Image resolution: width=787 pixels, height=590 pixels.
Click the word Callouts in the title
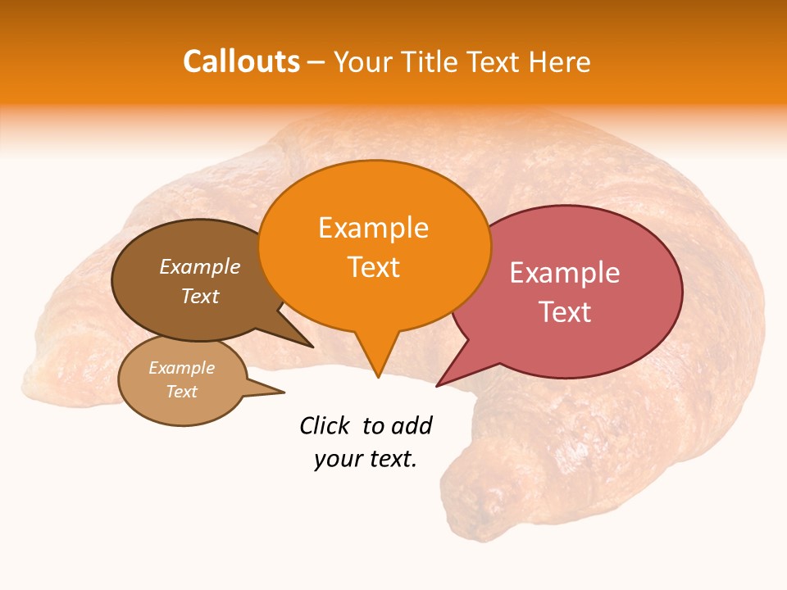[x=241, y=61]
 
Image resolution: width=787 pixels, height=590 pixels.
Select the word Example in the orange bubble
[x=373, y=228]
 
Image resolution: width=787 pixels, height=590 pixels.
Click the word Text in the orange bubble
[x=373, y=267]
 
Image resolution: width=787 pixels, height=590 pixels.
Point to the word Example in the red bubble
[x=565, y=273]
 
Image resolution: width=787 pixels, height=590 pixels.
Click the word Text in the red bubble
[x=565, y=312]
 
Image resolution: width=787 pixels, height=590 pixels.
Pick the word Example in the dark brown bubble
[x=199, y=266]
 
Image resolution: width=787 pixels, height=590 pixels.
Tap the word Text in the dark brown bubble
[x=199, y=296]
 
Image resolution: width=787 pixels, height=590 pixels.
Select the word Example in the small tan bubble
[x=181, y=368]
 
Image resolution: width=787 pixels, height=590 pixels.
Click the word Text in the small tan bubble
[x=181, y=392]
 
